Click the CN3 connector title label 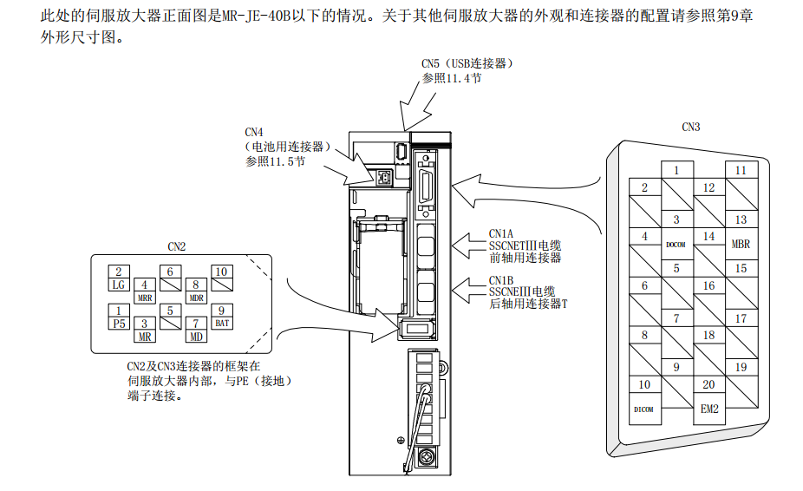(691, 127)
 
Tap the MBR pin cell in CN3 (741, 244)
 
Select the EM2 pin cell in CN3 (709, 408)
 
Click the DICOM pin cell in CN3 (644, 408)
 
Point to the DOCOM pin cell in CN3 (676, 244)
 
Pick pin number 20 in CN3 (709, 384)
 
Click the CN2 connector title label (177, 246)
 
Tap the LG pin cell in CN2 (119, 285)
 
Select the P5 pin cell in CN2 (119, 323)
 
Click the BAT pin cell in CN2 (222, 323)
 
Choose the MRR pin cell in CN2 (145, 297)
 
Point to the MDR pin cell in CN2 (197, 297)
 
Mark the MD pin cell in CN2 (197, 336)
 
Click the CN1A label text (501, 234)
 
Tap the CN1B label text (501, 280)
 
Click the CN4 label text (254, 133)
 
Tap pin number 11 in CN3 (741, 171)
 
